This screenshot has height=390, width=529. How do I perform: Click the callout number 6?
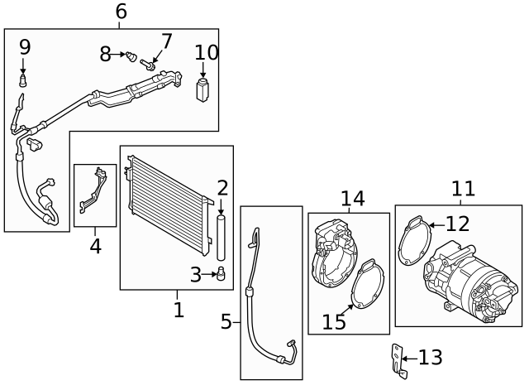pyautogui.click(x=121, y=12)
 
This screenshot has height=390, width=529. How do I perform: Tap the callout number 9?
pyautogui.click(x=24, y=47)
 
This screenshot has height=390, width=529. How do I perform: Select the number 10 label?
pyautogui.click(x=207, y=53)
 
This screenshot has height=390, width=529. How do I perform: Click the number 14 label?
pyautogui.click(x=352, y=198)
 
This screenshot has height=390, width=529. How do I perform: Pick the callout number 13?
pyautogui.click(x=430, y=358)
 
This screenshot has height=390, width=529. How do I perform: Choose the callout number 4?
pyautogui.click(x=95, y=246)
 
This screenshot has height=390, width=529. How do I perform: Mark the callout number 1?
pyautogui.click(x=179, y=311)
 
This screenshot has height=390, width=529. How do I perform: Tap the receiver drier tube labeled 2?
pyautogui.click(x=222, y=239)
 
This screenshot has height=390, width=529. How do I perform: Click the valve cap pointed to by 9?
pyautogui.click(x=25, y=81)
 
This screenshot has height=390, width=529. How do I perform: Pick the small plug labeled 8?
pyautogui.click(x=131, y=56)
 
